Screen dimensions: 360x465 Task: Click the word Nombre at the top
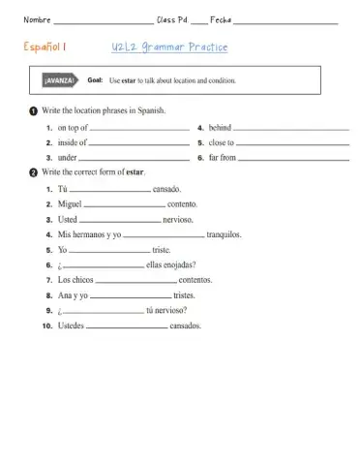click(36, 18)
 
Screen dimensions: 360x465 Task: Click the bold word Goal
click(95, 82)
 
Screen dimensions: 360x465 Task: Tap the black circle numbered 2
click(33, 171)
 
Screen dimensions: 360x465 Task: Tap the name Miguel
click(70, 204)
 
